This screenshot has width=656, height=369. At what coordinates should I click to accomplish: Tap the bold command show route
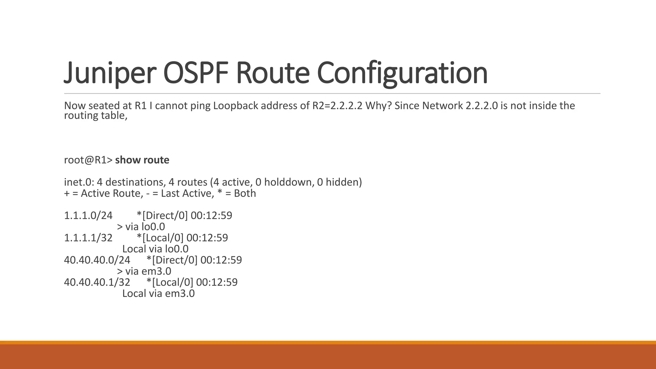click(x=142, y=160)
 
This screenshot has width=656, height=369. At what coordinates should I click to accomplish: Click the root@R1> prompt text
click(x=88, y=160)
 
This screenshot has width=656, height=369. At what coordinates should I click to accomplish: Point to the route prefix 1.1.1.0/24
click(x=88, y=216)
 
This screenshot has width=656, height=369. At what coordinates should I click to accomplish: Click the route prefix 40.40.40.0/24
click(x=97, y=260)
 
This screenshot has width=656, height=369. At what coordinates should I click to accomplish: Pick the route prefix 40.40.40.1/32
click(x=97, y=282)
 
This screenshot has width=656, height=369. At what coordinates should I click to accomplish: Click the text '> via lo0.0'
click(x=141, y=227)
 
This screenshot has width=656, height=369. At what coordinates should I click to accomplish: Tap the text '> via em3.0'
click(x=144, y=271)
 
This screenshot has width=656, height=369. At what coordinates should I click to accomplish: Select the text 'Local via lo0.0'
click(x=155, y=249)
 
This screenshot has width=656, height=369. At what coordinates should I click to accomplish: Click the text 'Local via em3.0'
click(x=159, y=293)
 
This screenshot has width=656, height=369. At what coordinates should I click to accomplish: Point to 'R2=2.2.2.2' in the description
click(x=337, y=106)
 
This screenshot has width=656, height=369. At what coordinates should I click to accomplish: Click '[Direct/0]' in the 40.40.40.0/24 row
click(x=174, y=260)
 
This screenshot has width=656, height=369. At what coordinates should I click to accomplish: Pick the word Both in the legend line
click(x=245, y=193)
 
